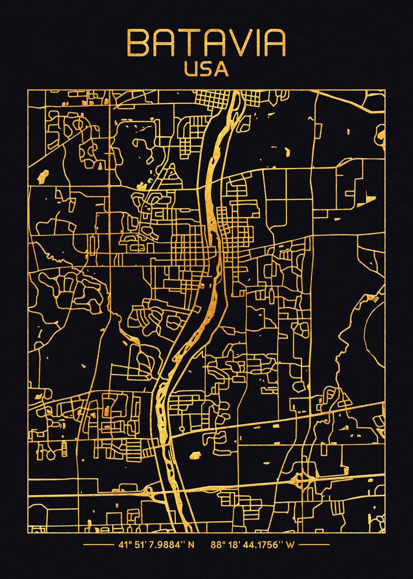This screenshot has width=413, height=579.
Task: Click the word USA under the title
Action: click(x=206, y=69)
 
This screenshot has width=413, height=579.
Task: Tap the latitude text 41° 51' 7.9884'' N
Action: click(x=156, y=546)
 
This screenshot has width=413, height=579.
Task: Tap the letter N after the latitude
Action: click(x=191, y=546)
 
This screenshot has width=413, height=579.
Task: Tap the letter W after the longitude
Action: click(x=290, y=546)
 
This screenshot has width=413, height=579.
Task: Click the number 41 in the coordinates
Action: click(x=122, y=546)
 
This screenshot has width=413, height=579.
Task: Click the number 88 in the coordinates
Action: click(x=215, y=546)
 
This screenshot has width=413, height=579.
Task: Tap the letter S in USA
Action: click(x=206, y=69)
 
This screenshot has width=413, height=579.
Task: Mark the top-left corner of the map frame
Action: click(x=28, y=90)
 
